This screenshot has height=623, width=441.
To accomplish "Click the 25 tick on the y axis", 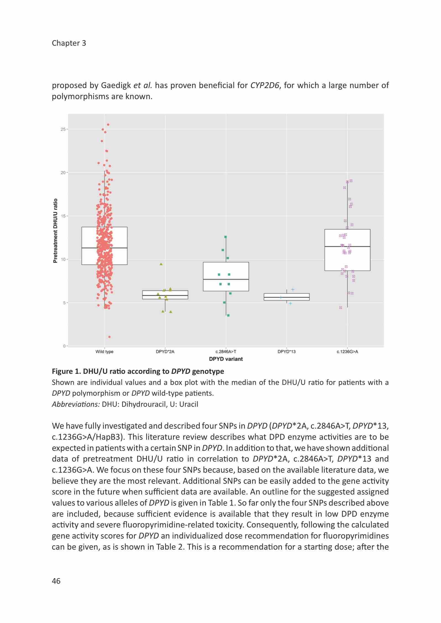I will [63, 129].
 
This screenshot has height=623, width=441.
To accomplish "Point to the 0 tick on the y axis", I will [64, 346].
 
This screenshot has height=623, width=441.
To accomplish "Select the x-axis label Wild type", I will [104, 352].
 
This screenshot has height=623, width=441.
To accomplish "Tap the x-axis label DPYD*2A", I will [165, 352].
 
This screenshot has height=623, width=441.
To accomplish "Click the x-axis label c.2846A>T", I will [226, 352].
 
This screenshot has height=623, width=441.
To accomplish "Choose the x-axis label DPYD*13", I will [286, 352].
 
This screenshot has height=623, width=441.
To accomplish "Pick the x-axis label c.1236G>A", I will [347, 352].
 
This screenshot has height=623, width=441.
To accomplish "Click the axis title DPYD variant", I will [226, 359].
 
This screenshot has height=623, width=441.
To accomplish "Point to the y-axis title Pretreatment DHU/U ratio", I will [55, 231].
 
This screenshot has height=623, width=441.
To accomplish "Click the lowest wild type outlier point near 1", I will [109, 337].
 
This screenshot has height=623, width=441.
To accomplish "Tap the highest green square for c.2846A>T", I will [225, 237].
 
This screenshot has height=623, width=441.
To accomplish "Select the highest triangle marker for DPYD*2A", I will [161, 264].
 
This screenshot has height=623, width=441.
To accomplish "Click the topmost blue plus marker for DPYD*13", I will [293, 290].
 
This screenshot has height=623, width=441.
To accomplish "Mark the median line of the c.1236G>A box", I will [347, 246].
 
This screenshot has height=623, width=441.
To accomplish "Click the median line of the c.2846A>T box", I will [226, 279].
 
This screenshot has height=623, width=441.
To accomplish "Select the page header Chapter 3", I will [69, 43].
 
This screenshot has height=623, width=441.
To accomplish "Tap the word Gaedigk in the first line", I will [116, 85].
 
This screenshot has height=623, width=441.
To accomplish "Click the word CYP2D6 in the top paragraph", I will [264, 85].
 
